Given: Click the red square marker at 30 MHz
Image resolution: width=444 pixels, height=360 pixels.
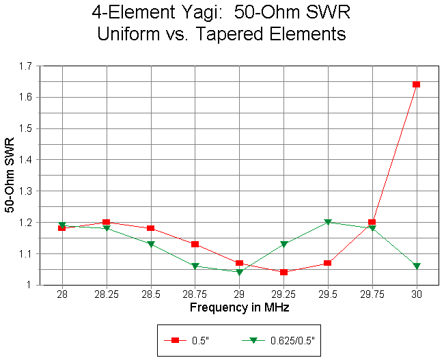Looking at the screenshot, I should tap(416, 85).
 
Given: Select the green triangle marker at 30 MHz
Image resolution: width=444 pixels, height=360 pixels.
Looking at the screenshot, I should tap(416, 266).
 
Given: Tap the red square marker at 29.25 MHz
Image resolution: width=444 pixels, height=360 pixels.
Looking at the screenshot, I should tap(283, 272).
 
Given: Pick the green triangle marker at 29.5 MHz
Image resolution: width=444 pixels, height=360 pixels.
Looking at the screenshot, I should tap(328, 222).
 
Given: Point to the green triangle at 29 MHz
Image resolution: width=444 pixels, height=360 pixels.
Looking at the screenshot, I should tap(239, 272).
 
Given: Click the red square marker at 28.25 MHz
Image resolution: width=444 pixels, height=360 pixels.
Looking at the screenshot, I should tap(106, 222).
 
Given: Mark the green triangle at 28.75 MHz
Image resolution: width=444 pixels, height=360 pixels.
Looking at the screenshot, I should tap(195, 266).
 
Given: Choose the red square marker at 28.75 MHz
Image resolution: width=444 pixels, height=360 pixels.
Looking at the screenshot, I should tap(195, 244).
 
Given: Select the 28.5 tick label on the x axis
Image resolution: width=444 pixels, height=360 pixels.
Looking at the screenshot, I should tap(150, 295).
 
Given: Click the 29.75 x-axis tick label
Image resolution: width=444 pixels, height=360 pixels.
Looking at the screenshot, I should tap(372, 295).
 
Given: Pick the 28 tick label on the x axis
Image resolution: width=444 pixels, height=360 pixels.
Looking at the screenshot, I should tap(61, 295).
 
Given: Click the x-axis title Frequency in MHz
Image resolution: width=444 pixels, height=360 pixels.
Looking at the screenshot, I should tap(238, 307).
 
